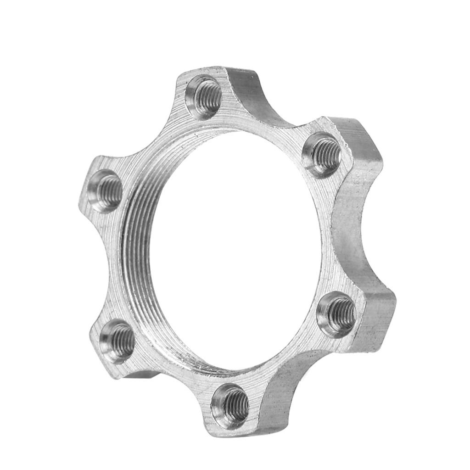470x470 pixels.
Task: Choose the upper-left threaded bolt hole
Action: [105, 191]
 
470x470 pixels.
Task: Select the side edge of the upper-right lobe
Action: [363, 151]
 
